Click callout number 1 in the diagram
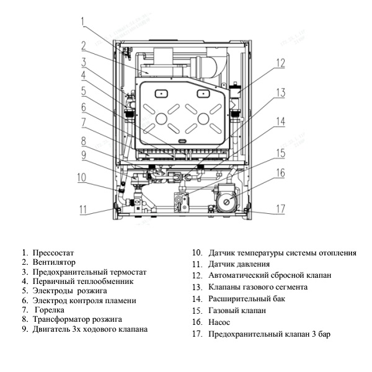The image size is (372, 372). (x=82, y=22)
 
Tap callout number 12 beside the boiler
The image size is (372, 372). (x=281, y=63)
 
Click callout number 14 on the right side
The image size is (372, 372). (x=281, y=122)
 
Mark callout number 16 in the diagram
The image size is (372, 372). (x=281, y=173)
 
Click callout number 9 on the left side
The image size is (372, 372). (x=82, y=154)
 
